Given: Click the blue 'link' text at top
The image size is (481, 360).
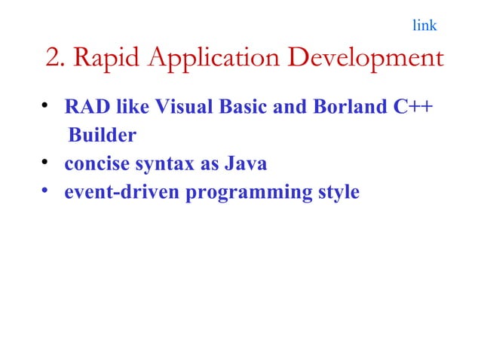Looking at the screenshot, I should pyautogui.click(x=424, y=26).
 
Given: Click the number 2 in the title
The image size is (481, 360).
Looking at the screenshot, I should pyautogui.click(x=53, y=57).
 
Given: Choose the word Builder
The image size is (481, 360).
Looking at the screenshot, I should pyautogui.click(x=103, y=136).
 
